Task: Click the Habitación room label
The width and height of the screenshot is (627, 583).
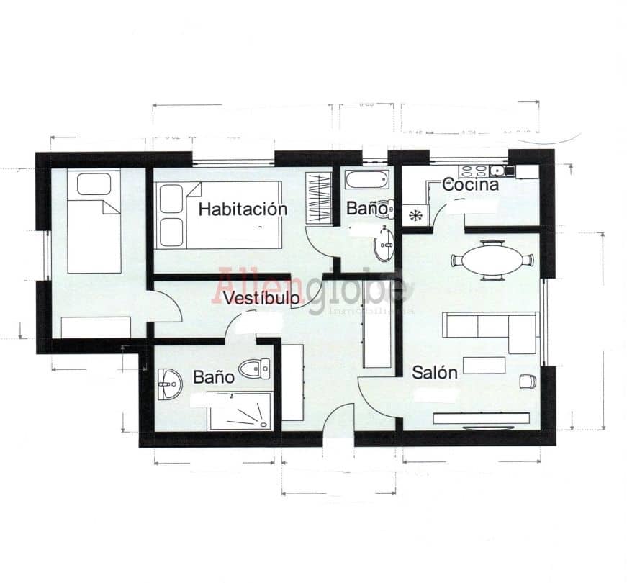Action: [243, 209]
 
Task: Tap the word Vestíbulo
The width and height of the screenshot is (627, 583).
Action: [261, 298]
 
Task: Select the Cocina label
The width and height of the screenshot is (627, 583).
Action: [470, 184]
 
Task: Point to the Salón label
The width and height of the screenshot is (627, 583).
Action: [434, 373]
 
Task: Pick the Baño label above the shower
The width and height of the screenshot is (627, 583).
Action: [213, 376]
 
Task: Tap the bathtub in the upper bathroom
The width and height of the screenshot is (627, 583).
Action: [366, 178]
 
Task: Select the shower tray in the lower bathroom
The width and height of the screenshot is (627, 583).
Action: [240, 412]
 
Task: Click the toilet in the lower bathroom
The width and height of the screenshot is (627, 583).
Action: [255, 369]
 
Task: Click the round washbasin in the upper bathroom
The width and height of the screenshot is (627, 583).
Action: [383, 245]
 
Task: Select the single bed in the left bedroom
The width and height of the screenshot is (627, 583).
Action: [94, 222]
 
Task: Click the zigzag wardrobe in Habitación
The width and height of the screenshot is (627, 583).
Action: [317, 197]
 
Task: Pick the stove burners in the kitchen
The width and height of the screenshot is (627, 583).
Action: [474, 171]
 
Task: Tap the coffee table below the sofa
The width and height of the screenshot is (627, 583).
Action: [484, 365]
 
